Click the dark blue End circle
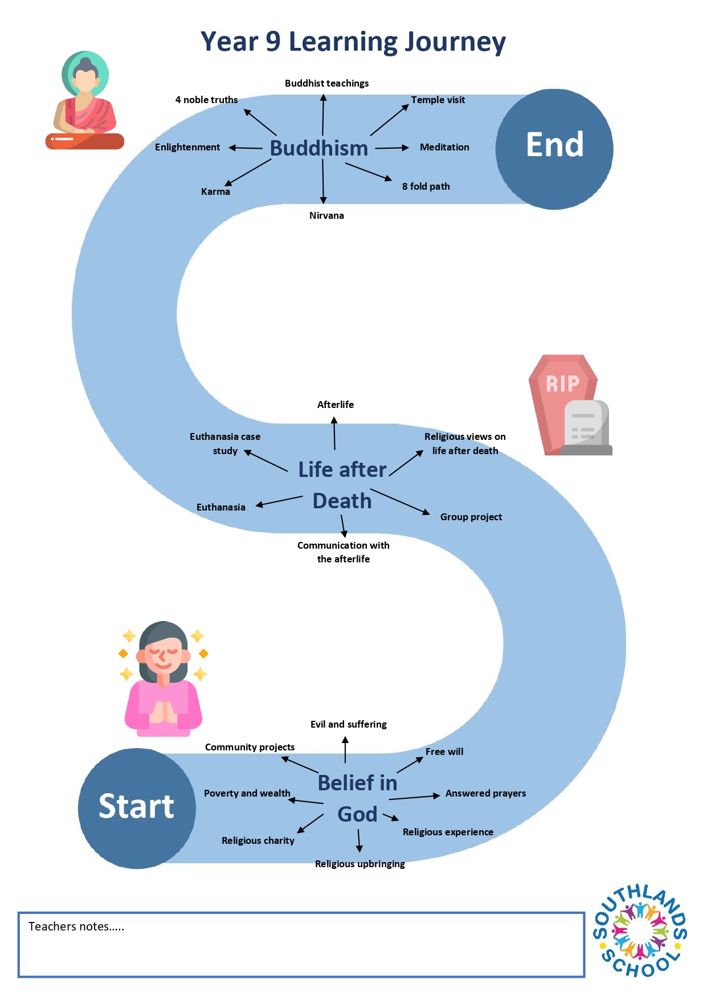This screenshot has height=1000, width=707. tap(554, 149)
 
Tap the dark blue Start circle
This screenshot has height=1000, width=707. tap(137, 808)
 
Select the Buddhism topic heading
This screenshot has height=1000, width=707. tap(319, 148)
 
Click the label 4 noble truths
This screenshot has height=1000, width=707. tap(206, 100)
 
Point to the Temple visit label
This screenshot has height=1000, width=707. tap(438, 100)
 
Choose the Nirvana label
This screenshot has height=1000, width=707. tap(326, 215)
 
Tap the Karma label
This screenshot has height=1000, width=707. tap(215, 191)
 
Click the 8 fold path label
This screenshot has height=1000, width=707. tap(426, 186)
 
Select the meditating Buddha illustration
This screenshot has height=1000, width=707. tap(85, 100)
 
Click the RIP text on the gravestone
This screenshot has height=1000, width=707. tap(562, 383)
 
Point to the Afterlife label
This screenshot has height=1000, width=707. tap(336, 405)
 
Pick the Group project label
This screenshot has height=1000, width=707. tap(471, 517)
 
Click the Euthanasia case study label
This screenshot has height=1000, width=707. tap(225, 443)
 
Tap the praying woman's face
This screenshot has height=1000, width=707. tap(164, 656)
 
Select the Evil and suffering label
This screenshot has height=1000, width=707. tap(349, 724)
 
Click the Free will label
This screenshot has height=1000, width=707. tap(444, 752)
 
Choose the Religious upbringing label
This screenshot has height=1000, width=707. tap(360, 864)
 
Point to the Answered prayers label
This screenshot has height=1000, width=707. tap(486, 793)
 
